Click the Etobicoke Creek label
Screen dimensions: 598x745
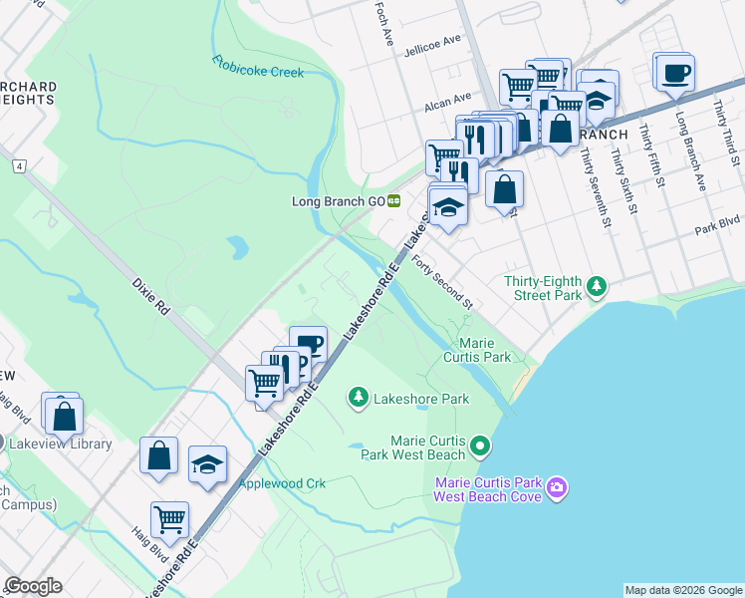[257, 67]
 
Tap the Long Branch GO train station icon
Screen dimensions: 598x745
[394, 200]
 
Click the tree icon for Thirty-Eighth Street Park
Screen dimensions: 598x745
[597, 287]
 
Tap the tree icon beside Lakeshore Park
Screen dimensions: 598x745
[358, 399]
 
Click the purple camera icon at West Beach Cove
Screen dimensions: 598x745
[557, 487]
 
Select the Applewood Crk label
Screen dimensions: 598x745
[282, 483]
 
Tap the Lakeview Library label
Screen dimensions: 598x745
[63, 444]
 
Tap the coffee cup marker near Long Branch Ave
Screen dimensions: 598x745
[674, 72]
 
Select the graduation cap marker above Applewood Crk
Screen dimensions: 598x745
[207, 463]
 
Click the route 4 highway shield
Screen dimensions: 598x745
[18, 165]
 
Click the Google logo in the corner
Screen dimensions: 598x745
[33, 586]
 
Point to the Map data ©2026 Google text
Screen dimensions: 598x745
[683, 590]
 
